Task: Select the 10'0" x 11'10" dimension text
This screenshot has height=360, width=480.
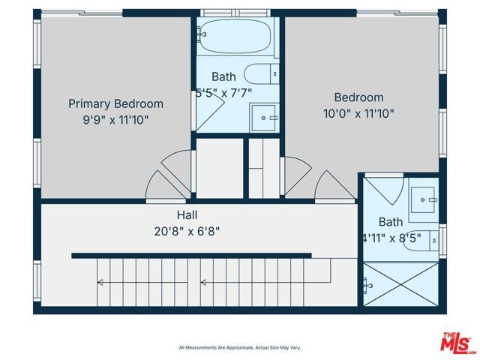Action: [358, 113]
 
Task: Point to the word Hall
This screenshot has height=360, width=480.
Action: [187, 214]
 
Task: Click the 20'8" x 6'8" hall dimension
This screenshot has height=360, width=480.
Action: [187, 230]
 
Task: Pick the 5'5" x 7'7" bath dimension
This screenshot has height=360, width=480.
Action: [223, 93]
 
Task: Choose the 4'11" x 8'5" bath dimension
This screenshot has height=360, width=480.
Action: [390, 239]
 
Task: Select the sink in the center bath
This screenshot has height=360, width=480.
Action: [265, 117]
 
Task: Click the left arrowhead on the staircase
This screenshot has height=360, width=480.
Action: [99, 283]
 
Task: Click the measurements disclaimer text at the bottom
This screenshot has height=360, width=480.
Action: [239, 347]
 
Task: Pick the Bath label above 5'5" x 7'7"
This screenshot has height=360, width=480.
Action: [223, 76]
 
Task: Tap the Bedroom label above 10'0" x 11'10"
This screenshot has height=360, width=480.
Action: [358, 97]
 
